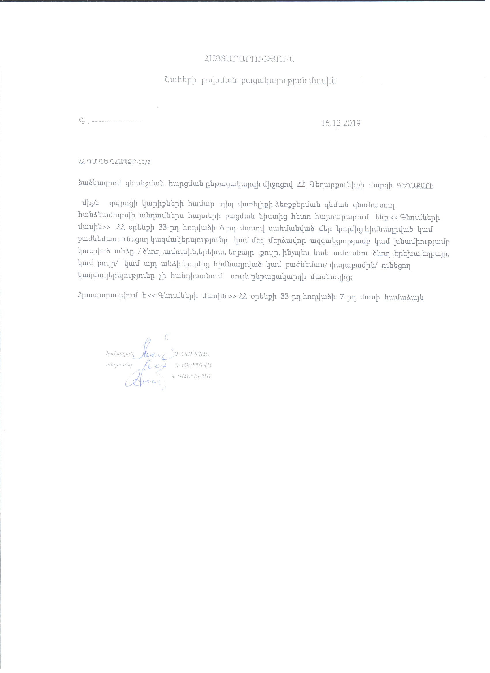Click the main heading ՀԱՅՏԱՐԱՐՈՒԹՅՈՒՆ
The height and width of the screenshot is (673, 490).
pos(248,59)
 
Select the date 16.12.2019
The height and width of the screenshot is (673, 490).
pos(341,123)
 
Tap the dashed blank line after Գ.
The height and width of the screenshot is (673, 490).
pos(116,122)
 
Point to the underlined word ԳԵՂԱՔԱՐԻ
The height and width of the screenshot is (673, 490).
pos(413,185)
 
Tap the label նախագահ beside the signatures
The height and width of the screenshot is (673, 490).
pos(120,354)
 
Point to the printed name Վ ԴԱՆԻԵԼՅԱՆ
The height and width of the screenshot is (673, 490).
pos(192,377)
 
